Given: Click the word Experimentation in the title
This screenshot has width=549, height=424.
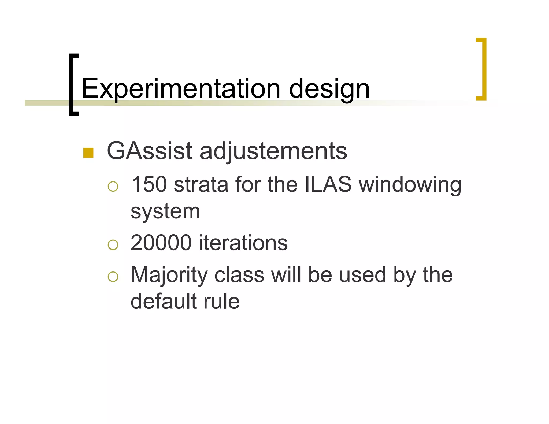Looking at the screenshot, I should pyautogui.click(x=180, y=89).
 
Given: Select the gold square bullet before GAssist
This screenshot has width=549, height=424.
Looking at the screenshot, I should pyautogui.click(x=88, y=153).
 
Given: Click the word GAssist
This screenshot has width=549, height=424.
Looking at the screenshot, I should pyautogui.click(x=149, y=151).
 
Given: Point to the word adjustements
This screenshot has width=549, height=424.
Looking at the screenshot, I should pyautogui.click(x=273, y=151).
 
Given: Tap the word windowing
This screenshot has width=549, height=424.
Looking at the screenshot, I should pyautogui.click(x=410, y=185).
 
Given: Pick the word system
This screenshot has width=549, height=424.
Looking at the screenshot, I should pyautogui.click(x=165, y=212).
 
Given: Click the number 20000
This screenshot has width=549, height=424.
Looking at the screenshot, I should pyautogui.click(x=161, y=243).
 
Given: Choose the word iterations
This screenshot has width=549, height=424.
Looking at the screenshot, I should pyautogui.click(x=243, y=243).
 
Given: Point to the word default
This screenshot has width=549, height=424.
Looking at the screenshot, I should pyautogui.click(x=164, y=301).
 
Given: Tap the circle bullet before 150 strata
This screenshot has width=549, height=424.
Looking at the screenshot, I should pyautogui.click(x=113, y=186).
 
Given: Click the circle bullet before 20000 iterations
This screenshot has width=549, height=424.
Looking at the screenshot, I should pyautogui.click(x=113, y=245).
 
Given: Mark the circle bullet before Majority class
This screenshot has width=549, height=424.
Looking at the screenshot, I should pyautogui.click(x=113, y=277).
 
